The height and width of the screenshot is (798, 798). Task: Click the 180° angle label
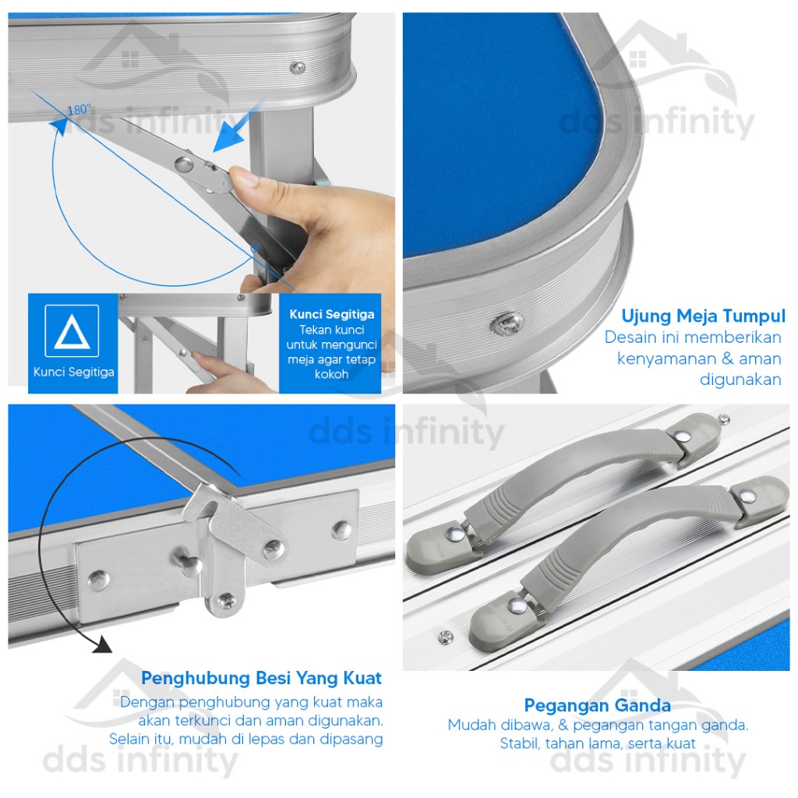tap(79, 109)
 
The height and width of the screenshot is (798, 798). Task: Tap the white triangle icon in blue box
tap(72, 331)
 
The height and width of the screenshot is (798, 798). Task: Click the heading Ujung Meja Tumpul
tap(703, 316)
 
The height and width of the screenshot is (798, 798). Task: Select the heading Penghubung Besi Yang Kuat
tap(261, 678)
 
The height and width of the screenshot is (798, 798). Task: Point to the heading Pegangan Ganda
tap(598, 705)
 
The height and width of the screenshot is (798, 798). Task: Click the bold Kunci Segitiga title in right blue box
tap(332, 315)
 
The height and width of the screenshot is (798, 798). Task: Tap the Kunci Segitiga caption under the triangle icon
tap(74, 372)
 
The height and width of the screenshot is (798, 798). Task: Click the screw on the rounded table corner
tap(507, 322)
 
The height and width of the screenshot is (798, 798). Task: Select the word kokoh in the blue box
tap(332, 375)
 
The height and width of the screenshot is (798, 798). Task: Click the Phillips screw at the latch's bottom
tap(227, 602)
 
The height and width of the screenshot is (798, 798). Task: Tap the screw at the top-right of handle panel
tap(724, 419)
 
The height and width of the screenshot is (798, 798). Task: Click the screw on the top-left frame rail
tap(298, 67)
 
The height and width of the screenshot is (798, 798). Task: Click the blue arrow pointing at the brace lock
tap(239, 125)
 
